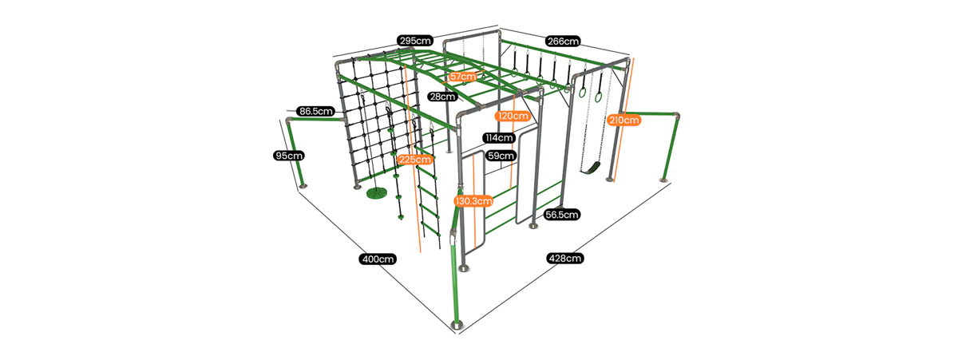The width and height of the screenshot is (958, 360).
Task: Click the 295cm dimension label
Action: point(415,40)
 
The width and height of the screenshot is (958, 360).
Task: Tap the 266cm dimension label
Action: point(563,41)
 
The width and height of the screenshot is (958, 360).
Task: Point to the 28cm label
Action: point(441,97)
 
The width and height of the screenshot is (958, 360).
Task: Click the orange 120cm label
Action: point(513,116)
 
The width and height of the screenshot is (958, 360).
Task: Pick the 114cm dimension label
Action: point(499,138)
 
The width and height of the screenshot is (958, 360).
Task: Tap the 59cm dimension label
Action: point(501,156)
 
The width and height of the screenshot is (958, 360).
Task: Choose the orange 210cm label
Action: point(623,121)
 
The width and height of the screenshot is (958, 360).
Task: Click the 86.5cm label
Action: point(315,111)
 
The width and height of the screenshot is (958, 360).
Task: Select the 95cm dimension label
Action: point(288,156)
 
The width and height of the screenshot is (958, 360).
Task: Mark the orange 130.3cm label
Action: point(473,201)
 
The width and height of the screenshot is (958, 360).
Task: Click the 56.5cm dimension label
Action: point(562,215)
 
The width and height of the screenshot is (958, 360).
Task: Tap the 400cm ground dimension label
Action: point(378,259)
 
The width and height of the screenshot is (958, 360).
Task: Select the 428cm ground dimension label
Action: point(564,258)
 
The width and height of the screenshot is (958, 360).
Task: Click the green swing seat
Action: point(591,168)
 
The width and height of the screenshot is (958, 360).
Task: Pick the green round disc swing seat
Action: point(376,193)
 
